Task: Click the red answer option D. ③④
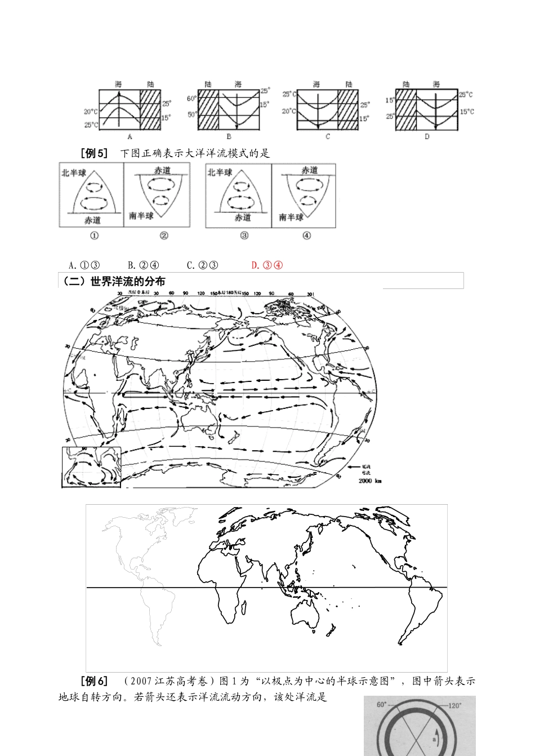click(266, 265)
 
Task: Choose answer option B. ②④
click(143, 265)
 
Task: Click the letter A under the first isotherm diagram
click(130, 136)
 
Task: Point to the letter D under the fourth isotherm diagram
click(426, 136)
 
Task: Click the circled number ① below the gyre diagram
click(94, 235)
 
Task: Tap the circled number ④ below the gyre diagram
click(306, 235)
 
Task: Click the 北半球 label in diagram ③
click(219, 172)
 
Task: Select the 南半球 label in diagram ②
click(141, 216)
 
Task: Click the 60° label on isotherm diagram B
click(190, 99)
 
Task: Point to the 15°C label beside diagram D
click(467, 112)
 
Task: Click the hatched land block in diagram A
click(150, 109)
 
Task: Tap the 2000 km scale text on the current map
click(369, 481)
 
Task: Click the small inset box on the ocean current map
click(90, 467)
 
